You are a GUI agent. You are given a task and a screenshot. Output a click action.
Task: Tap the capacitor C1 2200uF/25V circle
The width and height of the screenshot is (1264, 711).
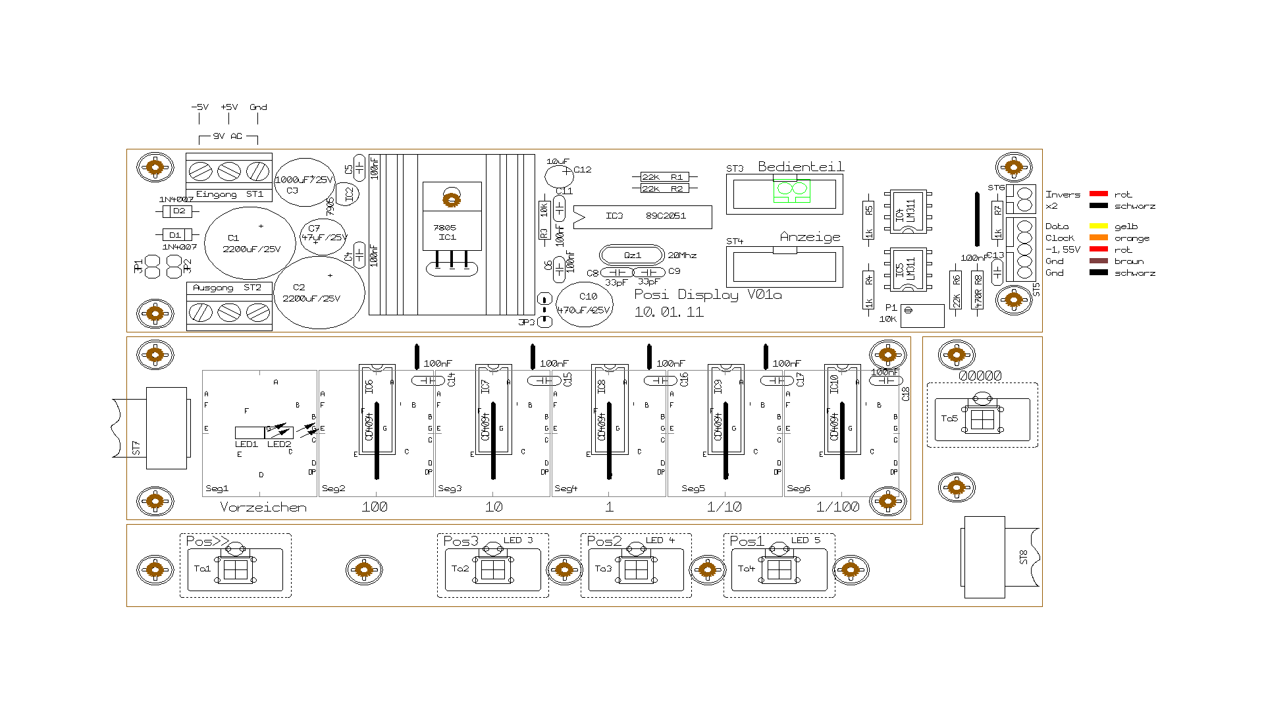pos(250,243)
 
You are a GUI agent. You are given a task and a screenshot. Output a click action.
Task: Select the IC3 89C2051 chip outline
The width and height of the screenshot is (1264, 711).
pos(643,216)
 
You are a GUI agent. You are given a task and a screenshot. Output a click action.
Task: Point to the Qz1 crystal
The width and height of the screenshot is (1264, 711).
pos(632,255)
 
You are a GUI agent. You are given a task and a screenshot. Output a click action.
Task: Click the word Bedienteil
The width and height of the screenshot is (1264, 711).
pos(801,167)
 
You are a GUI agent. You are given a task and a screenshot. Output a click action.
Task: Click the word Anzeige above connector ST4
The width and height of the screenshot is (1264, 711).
pos(810,237)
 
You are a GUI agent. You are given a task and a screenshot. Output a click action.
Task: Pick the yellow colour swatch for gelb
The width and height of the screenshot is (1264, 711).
pos(1098,226)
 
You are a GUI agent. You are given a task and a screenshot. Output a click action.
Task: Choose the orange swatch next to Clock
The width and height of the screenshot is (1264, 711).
pos(1098,238)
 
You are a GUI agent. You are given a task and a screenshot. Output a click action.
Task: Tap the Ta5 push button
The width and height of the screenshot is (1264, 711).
pos(982,419)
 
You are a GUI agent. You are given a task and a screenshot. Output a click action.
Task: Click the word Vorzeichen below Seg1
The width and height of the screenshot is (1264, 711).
pos(263,507)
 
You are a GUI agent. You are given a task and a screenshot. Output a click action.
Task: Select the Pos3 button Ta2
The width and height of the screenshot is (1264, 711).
pos(492,569)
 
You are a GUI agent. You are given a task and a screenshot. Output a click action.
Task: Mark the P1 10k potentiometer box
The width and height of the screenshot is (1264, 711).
pos(922,315)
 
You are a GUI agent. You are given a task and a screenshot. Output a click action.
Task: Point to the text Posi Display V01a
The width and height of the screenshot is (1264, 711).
pos(708,294)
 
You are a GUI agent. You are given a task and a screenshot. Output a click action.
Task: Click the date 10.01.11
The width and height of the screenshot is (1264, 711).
pos(668,312)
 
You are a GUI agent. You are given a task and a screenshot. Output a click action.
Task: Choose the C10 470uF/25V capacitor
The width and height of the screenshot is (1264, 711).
pos(585,304)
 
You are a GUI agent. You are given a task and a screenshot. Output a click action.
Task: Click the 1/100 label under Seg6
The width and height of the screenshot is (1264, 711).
pos(837,507)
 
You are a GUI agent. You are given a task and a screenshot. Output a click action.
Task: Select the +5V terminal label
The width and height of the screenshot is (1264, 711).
pos(229,107)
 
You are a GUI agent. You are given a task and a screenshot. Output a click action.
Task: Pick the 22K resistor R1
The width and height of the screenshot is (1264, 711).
pos(665,177)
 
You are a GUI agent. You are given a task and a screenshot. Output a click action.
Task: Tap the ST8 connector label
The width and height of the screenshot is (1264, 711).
pos(1023,557)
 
